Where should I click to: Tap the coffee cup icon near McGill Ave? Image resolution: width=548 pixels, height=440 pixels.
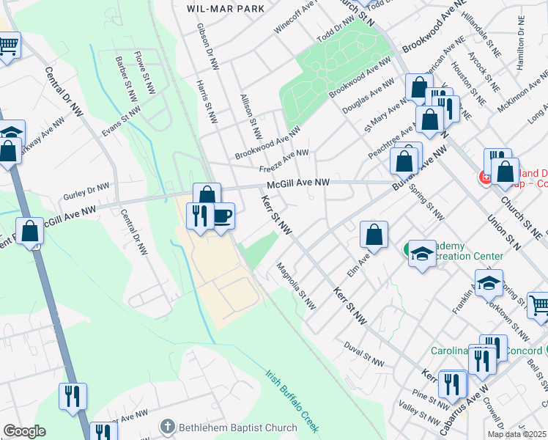tap(223, 216)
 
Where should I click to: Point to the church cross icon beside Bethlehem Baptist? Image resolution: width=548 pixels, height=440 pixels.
tap(168, 426)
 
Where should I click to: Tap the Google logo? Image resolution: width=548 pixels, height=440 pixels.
tap(24, 431)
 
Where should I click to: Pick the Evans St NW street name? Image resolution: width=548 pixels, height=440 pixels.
tap(120, 122)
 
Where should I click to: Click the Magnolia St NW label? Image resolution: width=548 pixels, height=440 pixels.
tap(297, 287)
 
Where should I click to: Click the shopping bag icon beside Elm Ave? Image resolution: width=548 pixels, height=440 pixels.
tap(374, 235)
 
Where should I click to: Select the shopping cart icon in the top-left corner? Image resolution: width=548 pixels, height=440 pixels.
tap(7, 46)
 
